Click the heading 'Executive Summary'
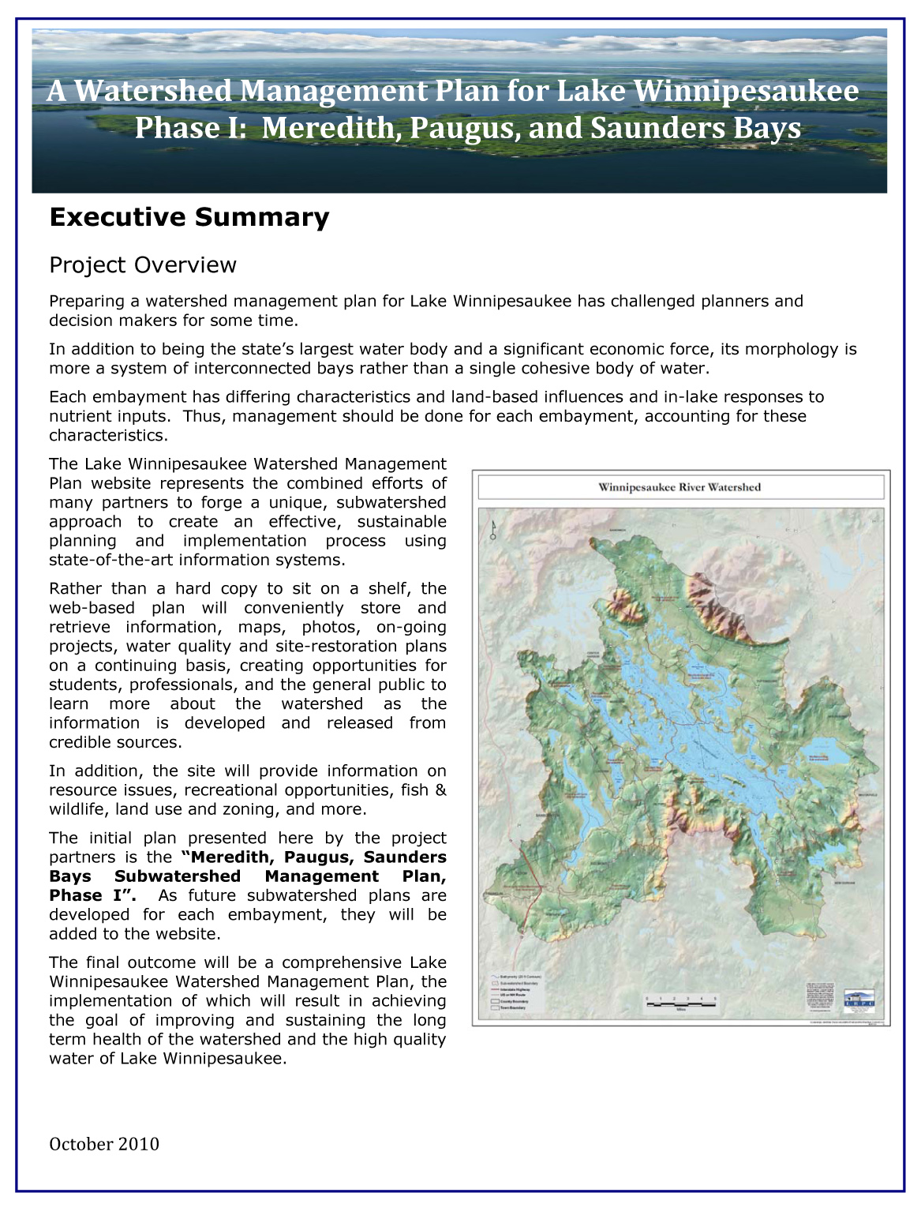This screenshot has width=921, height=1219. pos(189,217)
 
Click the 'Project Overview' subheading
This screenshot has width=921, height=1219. pos(142,264)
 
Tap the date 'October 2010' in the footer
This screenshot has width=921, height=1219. pos(103,1144)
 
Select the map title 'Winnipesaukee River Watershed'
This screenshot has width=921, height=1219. pos(680,487)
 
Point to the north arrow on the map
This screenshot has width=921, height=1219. pos(493,531)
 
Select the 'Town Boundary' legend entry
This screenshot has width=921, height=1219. pos(513,1008)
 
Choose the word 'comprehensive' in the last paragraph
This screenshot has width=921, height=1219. pos(343,962)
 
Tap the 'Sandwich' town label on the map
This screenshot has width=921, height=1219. pos(617,528)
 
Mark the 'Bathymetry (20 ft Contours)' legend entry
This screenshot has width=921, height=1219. pos(522,977)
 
